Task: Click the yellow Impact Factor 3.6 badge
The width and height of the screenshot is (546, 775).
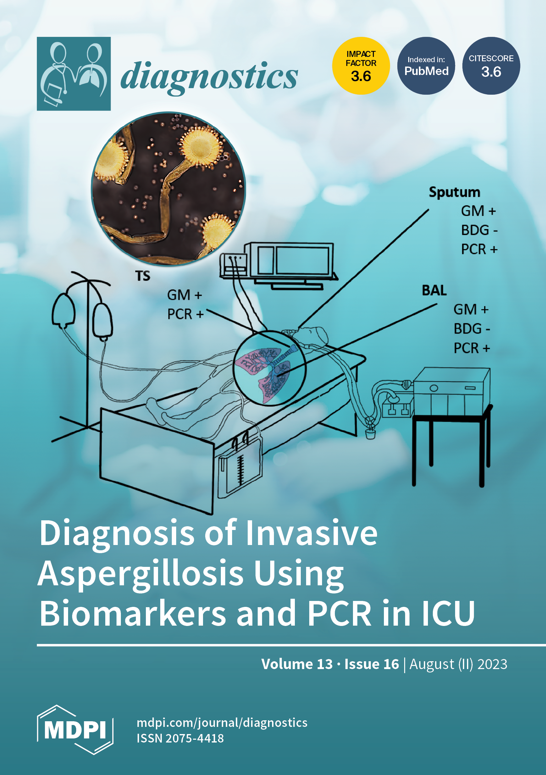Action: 361,66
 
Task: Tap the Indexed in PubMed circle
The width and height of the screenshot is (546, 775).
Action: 426,66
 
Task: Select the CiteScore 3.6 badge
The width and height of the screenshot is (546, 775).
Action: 491,66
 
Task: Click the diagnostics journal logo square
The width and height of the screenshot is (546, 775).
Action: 74,73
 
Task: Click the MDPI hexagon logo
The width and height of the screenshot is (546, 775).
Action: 75,730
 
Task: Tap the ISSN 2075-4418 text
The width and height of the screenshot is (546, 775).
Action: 180,738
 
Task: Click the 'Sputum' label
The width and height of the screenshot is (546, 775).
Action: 454,192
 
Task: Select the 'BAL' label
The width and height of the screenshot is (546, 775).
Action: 434,290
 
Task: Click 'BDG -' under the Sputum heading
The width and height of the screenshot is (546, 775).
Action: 479,230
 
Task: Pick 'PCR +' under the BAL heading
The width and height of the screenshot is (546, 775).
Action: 471,348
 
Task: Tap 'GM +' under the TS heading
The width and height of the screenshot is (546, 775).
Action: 185,295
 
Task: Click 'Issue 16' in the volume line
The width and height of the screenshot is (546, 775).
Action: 371,664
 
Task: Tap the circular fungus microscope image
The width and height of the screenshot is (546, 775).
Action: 168,189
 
